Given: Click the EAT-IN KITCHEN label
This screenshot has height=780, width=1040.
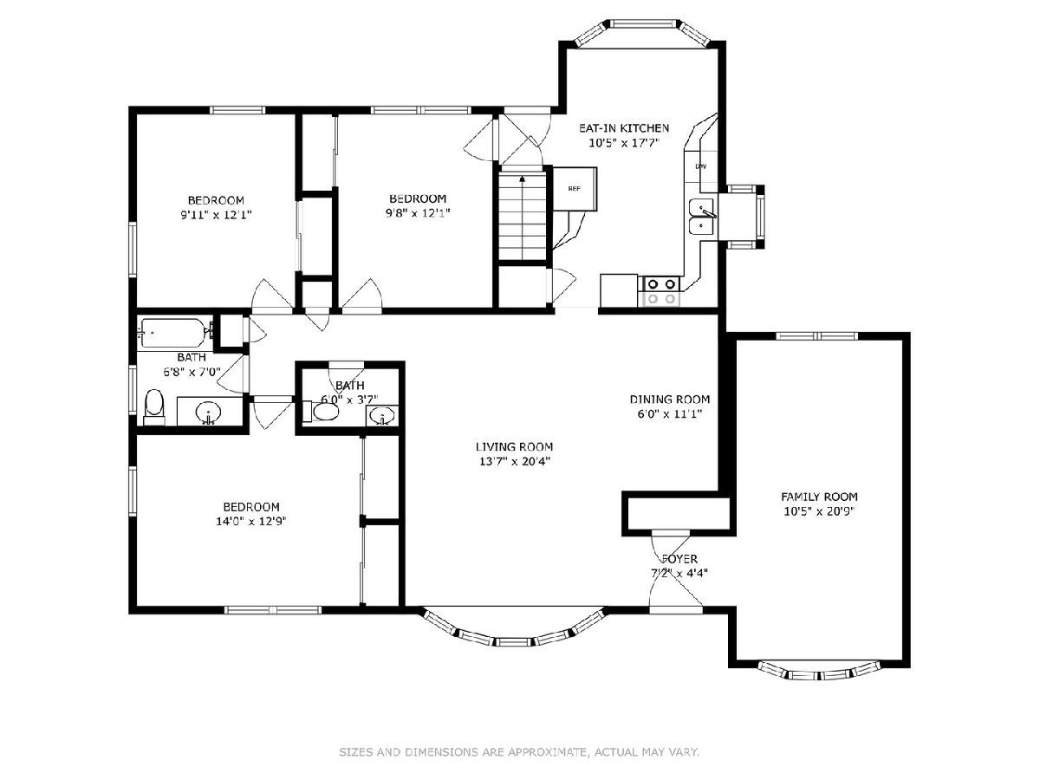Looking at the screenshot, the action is coord(624,128).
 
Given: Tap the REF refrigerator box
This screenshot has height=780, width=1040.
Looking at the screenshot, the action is coord(575,188).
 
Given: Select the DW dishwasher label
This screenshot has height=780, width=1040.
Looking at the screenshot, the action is coord(701,166).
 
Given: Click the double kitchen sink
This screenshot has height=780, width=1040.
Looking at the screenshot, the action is coord(703,217).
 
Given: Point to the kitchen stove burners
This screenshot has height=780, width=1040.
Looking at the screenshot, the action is coord(661,291).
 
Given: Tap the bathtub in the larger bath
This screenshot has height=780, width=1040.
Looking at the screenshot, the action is coord(174,334).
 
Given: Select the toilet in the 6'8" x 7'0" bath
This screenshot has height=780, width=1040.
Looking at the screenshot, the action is coord(154,407).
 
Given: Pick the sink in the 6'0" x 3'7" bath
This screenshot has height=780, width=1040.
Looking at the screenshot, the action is coord(382,417).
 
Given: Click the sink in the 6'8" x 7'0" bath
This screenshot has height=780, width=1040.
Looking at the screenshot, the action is coord(209,412).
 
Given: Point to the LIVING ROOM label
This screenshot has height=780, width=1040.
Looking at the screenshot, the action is coord(515,446).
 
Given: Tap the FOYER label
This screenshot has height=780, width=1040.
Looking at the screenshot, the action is coord(679,559).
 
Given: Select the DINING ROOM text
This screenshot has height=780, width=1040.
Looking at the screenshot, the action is coord(669,400).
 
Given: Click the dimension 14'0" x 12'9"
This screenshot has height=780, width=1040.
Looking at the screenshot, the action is coord(251,522).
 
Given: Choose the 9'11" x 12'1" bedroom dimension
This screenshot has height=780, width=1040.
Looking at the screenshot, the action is coord(216,215).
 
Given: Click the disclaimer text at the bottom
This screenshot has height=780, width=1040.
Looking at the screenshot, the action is coord(519,751).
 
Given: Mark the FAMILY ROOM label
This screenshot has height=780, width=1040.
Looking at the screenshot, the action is coord(819,497).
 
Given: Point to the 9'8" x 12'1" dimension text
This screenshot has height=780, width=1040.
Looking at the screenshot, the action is coord(418,213).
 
